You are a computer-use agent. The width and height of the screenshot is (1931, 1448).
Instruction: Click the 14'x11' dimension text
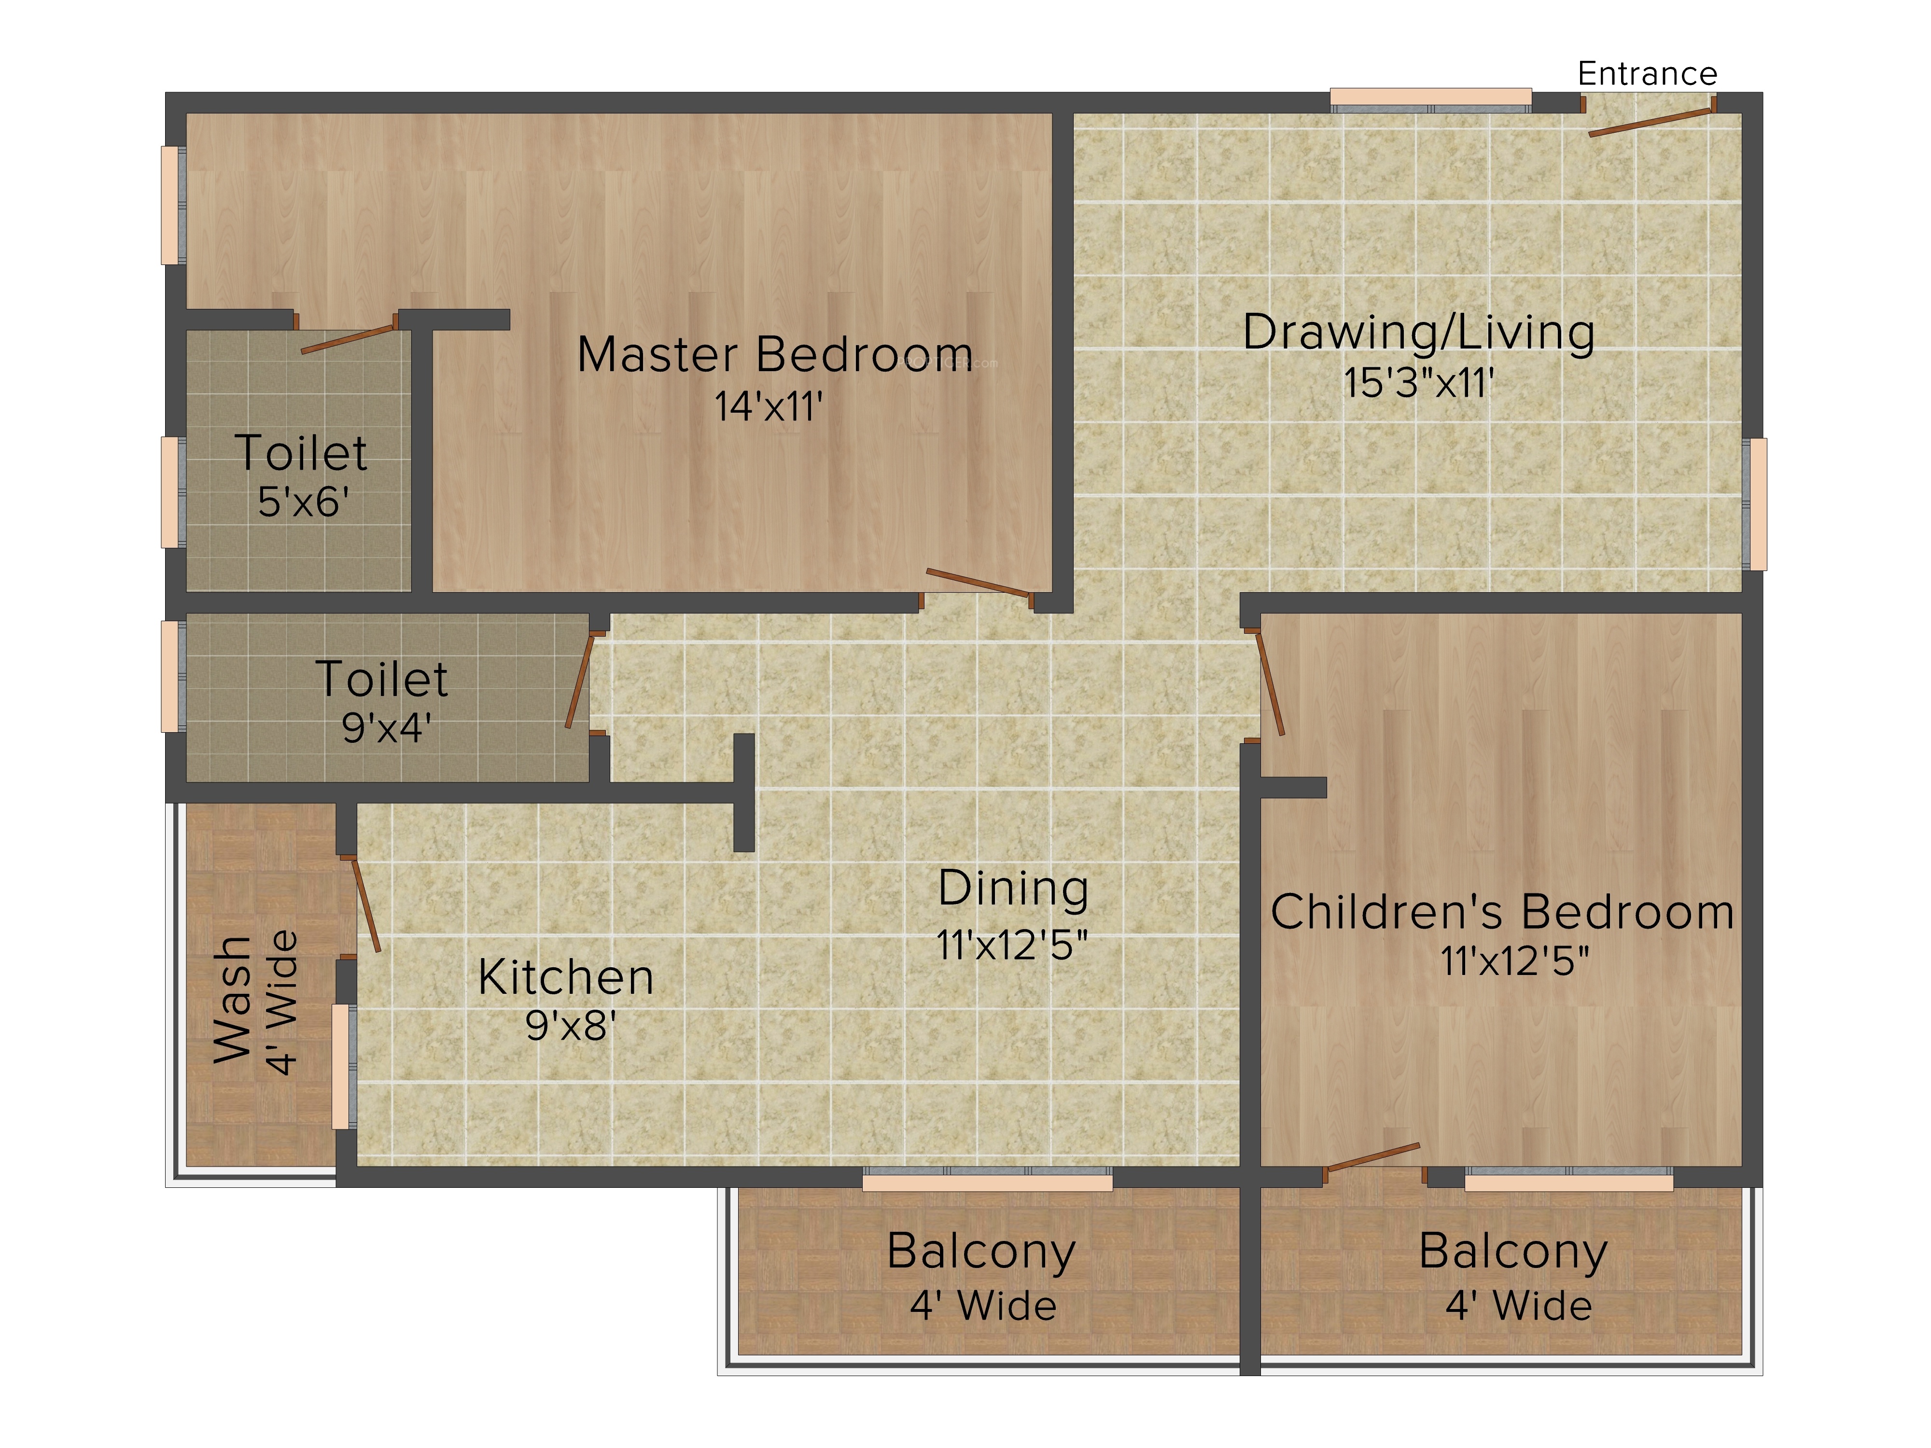(x=768, y=406)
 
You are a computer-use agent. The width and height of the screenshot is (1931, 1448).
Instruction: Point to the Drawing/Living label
(x=1419, y=333)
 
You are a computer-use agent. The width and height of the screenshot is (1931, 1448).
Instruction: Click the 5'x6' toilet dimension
(x=303, y=502)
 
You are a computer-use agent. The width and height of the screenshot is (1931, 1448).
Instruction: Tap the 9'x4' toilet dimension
(x=386, y=727)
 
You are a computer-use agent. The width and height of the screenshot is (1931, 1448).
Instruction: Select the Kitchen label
(x=566, y=977)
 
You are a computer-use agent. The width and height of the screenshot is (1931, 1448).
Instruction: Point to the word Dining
(x=1013, y=889)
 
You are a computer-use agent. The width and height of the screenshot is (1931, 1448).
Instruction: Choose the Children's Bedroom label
(x=1501, y=912)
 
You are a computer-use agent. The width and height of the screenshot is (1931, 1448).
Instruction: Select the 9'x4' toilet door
(x=580, y=681)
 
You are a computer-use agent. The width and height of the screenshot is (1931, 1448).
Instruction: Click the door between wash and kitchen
(x=366, y=904)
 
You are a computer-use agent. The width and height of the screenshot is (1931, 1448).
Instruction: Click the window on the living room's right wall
(x=1756, y=503)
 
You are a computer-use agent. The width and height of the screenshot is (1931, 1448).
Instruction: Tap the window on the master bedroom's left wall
(x=172, y=205)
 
